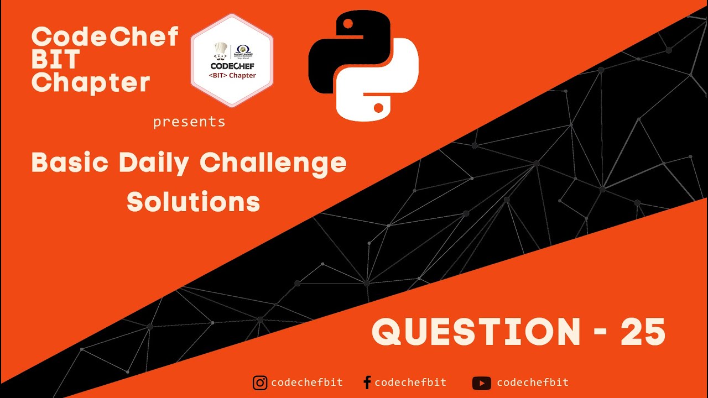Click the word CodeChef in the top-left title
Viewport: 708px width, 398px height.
click(x=105, y=37)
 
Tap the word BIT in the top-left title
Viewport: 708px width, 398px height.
click(x=56, y=60)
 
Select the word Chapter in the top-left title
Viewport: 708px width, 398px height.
click(x=91, y=82)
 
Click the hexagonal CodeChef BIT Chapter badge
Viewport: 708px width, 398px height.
click(x=232, y=60)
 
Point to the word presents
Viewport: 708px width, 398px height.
click(x=189, y=122)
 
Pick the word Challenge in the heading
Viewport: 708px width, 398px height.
click(x=273, y=163)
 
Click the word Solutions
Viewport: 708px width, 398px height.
click(x=193, y=202)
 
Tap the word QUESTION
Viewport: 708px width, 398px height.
click(x=476, y=332)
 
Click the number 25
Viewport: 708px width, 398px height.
click(x=643, y=332)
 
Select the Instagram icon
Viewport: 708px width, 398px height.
click(x=260, y=383)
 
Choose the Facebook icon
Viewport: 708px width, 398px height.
click(x=367, y=383)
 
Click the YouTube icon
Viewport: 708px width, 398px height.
click(x=481, y=383)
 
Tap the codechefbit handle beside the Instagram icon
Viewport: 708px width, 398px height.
click(x=307, y=383)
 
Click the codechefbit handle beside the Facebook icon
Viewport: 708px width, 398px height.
click(x=410, y=383)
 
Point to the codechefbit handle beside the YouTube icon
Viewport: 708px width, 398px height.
click(x=533, y=383)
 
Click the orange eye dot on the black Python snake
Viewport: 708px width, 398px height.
click(x=348, y=24)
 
